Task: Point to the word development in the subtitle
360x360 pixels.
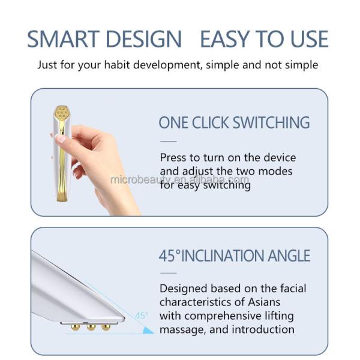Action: tap(178, 64)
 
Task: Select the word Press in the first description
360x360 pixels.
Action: tap(174, 158)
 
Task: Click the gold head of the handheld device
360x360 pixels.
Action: tap(61, 113)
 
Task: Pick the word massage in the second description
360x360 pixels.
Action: tap(179, 329)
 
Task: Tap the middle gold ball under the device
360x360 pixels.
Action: tap(91, 327)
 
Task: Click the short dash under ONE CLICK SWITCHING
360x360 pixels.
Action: tap(169, 141)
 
